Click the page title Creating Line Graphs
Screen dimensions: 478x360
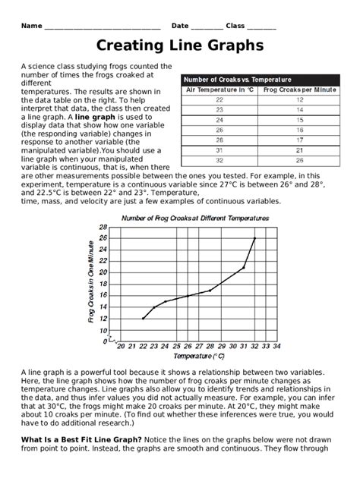(180, 46)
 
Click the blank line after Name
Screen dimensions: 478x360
(102, 27)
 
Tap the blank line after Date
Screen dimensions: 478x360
(207, 27)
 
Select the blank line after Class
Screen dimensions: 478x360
(261, 27)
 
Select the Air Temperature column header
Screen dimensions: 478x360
(220, 90)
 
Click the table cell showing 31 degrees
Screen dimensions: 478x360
(220, 150)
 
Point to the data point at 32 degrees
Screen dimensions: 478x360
(254, 238)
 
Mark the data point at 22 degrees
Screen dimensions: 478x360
(143, 318)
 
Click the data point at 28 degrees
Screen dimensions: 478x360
(210, 290)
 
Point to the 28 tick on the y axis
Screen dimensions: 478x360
(103, 227)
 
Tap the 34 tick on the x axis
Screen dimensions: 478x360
(276, 346)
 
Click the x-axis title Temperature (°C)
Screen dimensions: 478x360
(199, 356)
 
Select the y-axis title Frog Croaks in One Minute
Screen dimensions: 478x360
(91, 282)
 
